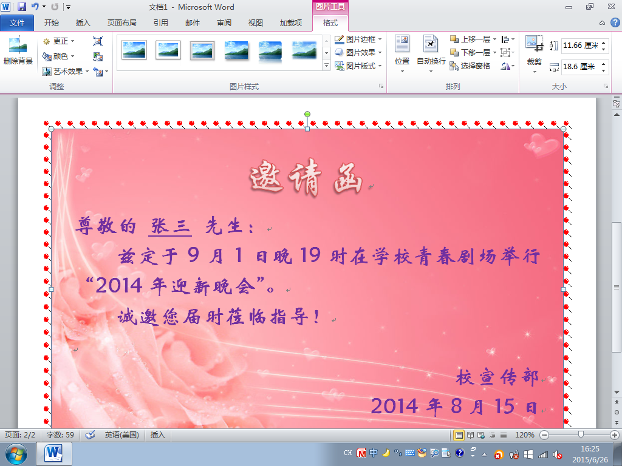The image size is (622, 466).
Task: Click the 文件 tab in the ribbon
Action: (x=17, y=23)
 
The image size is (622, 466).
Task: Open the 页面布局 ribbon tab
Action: (x=121, y=23)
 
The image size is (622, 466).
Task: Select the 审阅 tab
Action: (x=224, y=23)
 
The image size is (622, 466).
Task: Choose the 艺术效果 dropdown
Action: (x=66, y=72)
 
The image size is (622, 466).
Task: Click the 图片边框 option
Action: (x=358, y=39)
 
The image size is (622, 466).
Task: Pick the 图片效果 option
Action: (x=358, y=52)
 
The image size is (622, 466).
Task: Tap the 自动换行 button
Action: (x=431, y=54)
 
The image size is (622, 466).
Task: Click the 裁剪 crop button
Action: (x=535, y=54)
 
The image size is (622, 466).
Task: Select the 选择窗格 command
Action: (x=470, y=66)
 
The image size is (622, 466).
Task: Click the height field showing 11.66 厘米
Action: (x=580, y=45)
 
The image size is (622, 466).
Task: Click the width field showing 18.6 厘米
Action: (x=580, y=67)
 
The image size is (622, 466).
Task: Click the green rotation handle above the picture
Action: (x=307, y=114)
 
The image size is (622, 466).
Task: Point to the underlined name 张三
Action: (x=170, y=226)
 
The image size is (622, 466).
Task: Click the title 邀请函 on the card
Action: (x=306, y=178)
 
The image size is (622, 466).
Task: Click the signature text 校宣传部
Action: (x=497, y=377)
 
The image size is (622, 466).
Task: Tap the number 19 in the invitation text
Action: (x=310, y=255)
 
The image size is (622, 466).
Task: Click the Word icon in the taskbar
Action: (x=54, y=453)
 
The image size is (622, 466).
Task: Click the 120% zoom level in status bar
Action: (x=524, y=434)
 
